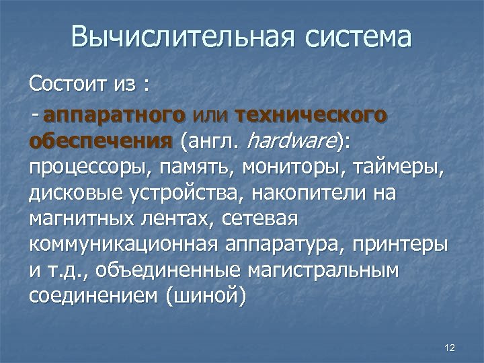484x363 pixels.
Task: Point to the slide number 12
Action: [450, 347]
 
